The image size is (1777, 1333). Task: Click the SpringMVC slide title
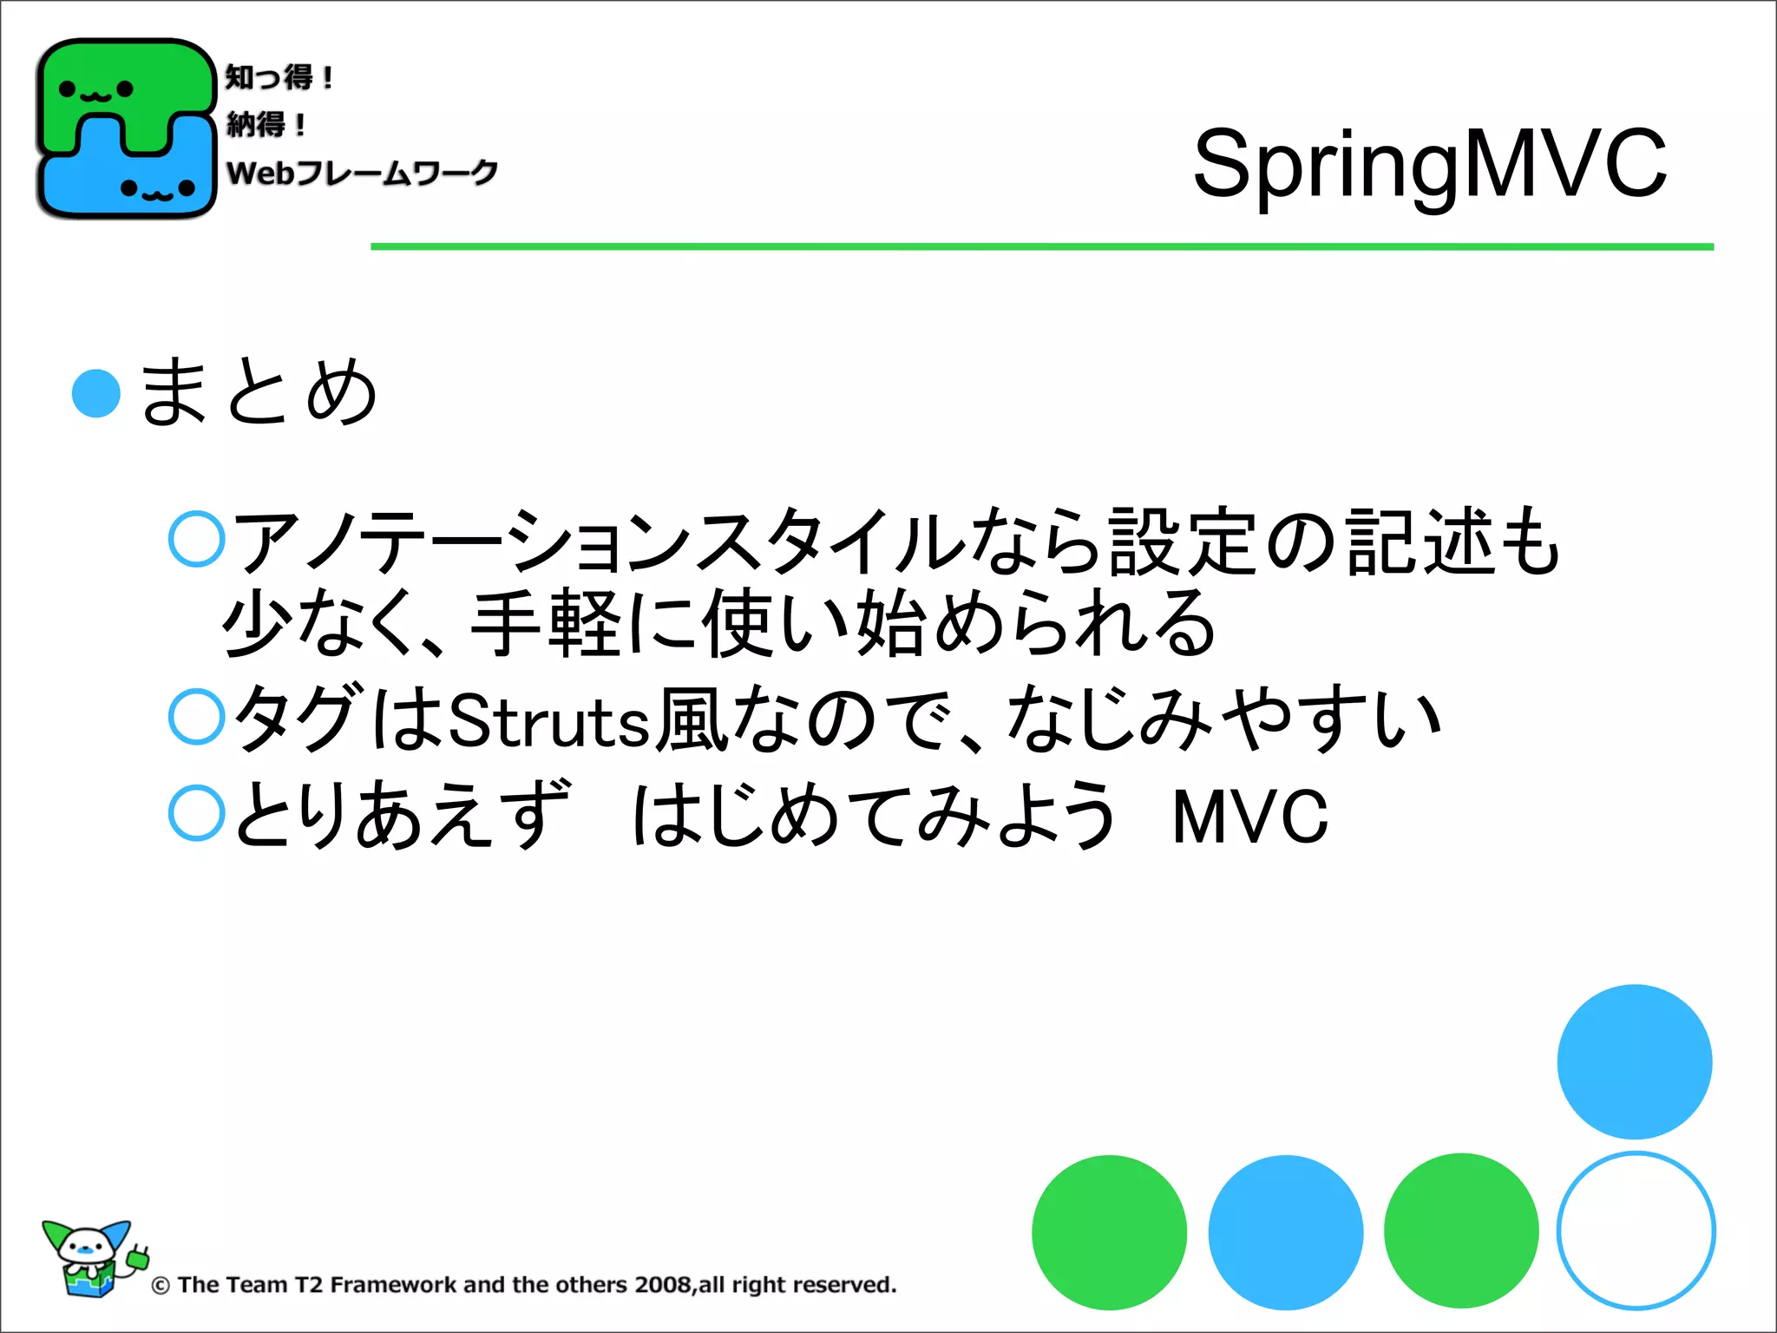pyautogui.click(x=1429, y=163)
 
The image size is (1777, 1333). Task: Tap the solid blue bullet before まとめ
pyautogui.click(x=96, y=393)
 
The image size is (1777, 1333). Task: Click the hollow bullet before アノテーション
pyautogui.click(x=197, y=539)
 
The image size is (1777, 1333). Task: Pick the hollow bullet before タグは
pyautogui.click(x=197, y=717)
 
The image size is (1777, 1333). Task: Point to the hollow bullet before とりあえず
pyautogui.click(x=197, y=813)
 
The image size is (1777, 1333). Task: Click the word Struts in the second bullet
pyautogui.click(x=548, y=720)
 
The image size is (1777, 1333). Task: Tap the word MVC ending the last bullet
pyautogui.click(x=1249, y=816)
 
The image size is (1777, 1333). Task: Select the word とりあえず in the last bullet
pyautogui.click(x=402, y=814)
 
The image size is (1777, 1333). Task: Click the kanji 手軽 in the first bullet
pyautogui.click(x=545, y=623)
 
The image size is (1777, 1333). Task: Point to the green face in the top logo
pyautogui.click(x=96, y=89)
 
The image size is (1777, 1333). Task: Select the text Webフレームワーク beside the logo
pyautogui.click(x=362, y=172)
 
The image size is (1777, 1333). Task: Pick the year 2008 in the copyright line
pyautogui.click(x=663, y=1284)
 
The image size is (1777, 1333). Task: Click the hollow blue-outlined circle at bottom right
pyautogui.click(x=1636, y=1231)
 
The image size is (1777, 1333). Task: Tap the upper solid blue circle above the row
pyautogui.click(x=1634, y=1061)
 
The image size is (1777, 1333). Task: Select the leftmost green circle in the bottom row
pyautogui.click(x=1109, y=1232)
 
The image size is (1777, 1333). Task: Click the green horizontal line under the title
pyautogui.click(x=1041, y=247)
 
